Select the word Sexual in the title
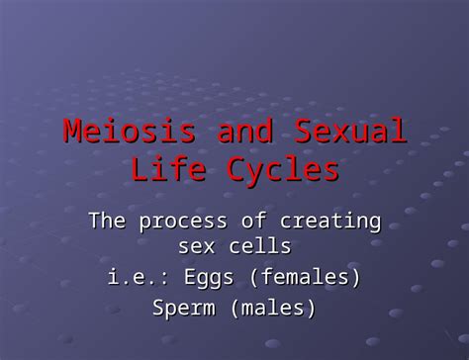click(347, 132)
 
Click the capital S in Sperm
click(158, 308)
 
